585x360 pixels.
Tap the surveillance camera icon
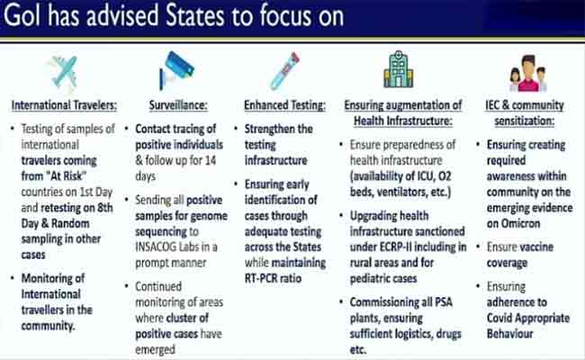click(x=176, y=70)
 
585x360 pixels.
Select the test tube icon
click(x=285, y=71)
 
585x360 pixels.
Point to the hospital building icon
click(x=399, y=69)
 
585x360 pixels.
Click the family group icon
click(x=528, y=73)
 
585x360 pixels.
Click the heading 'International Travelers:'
click(x=64, y=105)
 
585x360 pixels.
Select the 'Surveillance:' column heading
click(x=178, y=105)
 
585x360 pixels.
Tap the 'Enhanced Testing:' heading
click(x=284, y=105)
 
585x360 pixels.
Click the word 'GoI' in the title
click(x=22, y=16)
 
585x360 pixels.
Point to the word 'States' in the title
click(x=194, y=16)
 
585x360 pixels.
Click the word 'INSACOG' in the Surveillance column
click(x=156, y=247)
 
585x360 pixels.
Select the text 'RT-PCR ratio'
click(x=273, y=278)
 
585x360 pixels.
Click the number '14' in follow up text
click(x=211, y=160)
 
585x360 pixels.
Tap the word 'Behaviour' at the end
click(x=510, y=334)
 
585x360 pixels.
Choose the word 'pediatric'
click(x=367, y=278)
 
